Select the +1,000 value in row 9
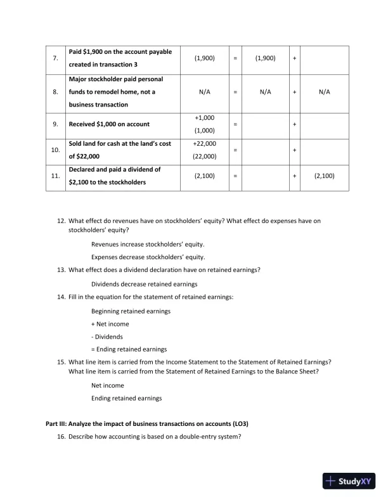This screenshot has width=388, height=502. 205,118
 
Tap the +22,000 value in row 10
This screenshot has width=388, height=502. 205,144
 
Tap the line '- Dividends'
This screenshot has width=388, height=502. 107,337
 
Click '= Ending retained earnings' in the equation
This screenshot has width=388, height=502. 129,349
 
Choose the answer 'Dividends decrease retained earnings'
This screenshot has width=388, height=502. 144,284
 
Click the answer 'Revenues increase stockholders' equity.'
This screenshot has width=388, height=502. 148,244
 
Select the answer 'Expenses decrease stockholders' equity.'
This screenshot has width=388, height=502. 148,257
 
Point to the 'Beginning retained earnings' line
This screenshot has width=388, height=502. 131,311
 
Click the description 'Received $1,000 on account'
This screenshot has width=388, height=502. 108,124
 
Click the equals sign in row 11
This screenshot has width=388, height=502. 235,176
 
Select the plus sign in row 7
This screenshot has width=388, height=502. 294,58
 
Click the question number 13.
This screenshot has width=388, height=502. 61,271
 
